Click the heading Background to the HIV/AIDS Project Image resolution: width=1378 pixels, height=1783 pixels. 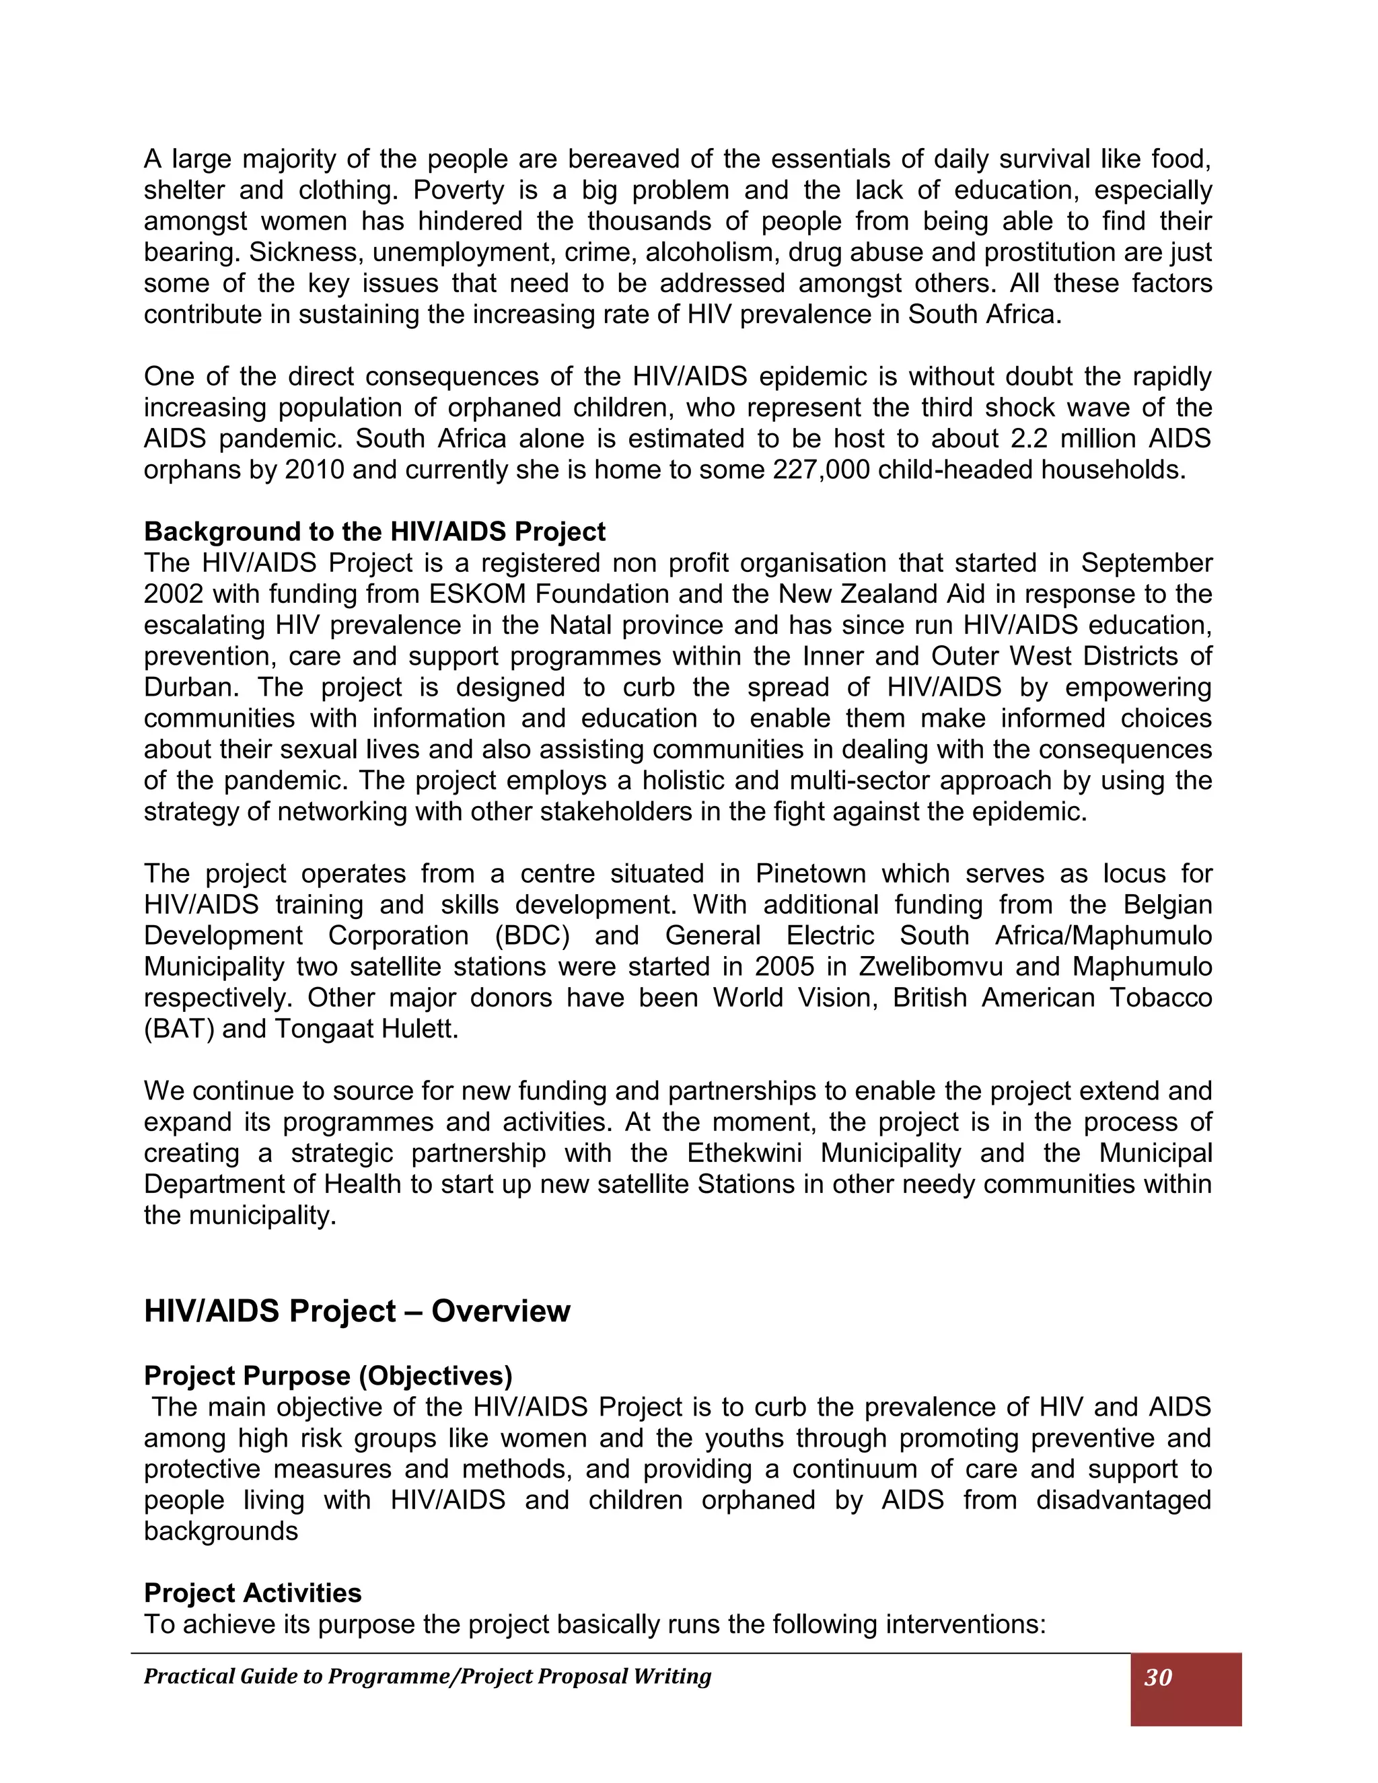pos(374,532)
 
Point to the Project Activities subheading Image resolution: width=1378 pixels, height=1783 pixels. pos(252,1593)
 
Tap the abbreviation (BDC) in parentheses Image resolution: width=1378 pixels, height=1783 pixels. pos(532,936)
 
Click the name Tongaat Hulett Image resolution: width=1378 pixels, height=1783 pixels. pos(366,1029)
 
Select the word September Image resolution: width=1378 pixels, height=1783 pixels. pos(1146,563)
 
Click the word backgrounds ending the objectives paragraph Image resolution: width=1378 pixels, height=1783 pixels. pos(221,1531)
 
